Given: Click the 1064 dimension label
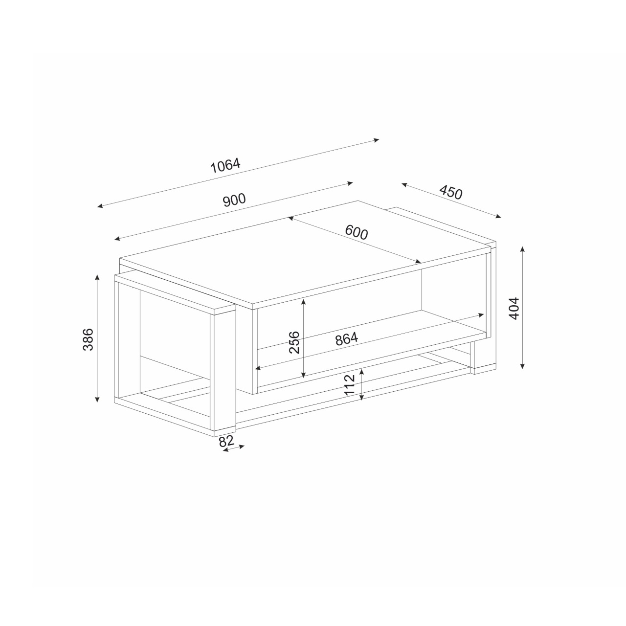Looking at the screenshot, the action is coord(225,165).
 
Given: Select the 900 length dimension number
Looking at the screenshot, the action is coord(234,200).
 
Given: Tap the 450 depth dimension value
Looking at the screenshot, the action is coord(450,192).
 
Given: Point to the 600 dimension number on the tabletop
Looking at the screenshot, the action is coord(357,232).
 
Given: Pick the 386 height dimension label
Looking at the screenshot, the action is coord(88,339).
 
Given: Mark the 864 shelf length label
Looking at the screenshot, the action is coord(347,339).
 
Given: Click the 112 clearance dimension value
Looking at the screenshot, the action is coord(350,384).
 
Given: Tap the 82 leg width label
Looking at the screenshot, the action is coord(226,441).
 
